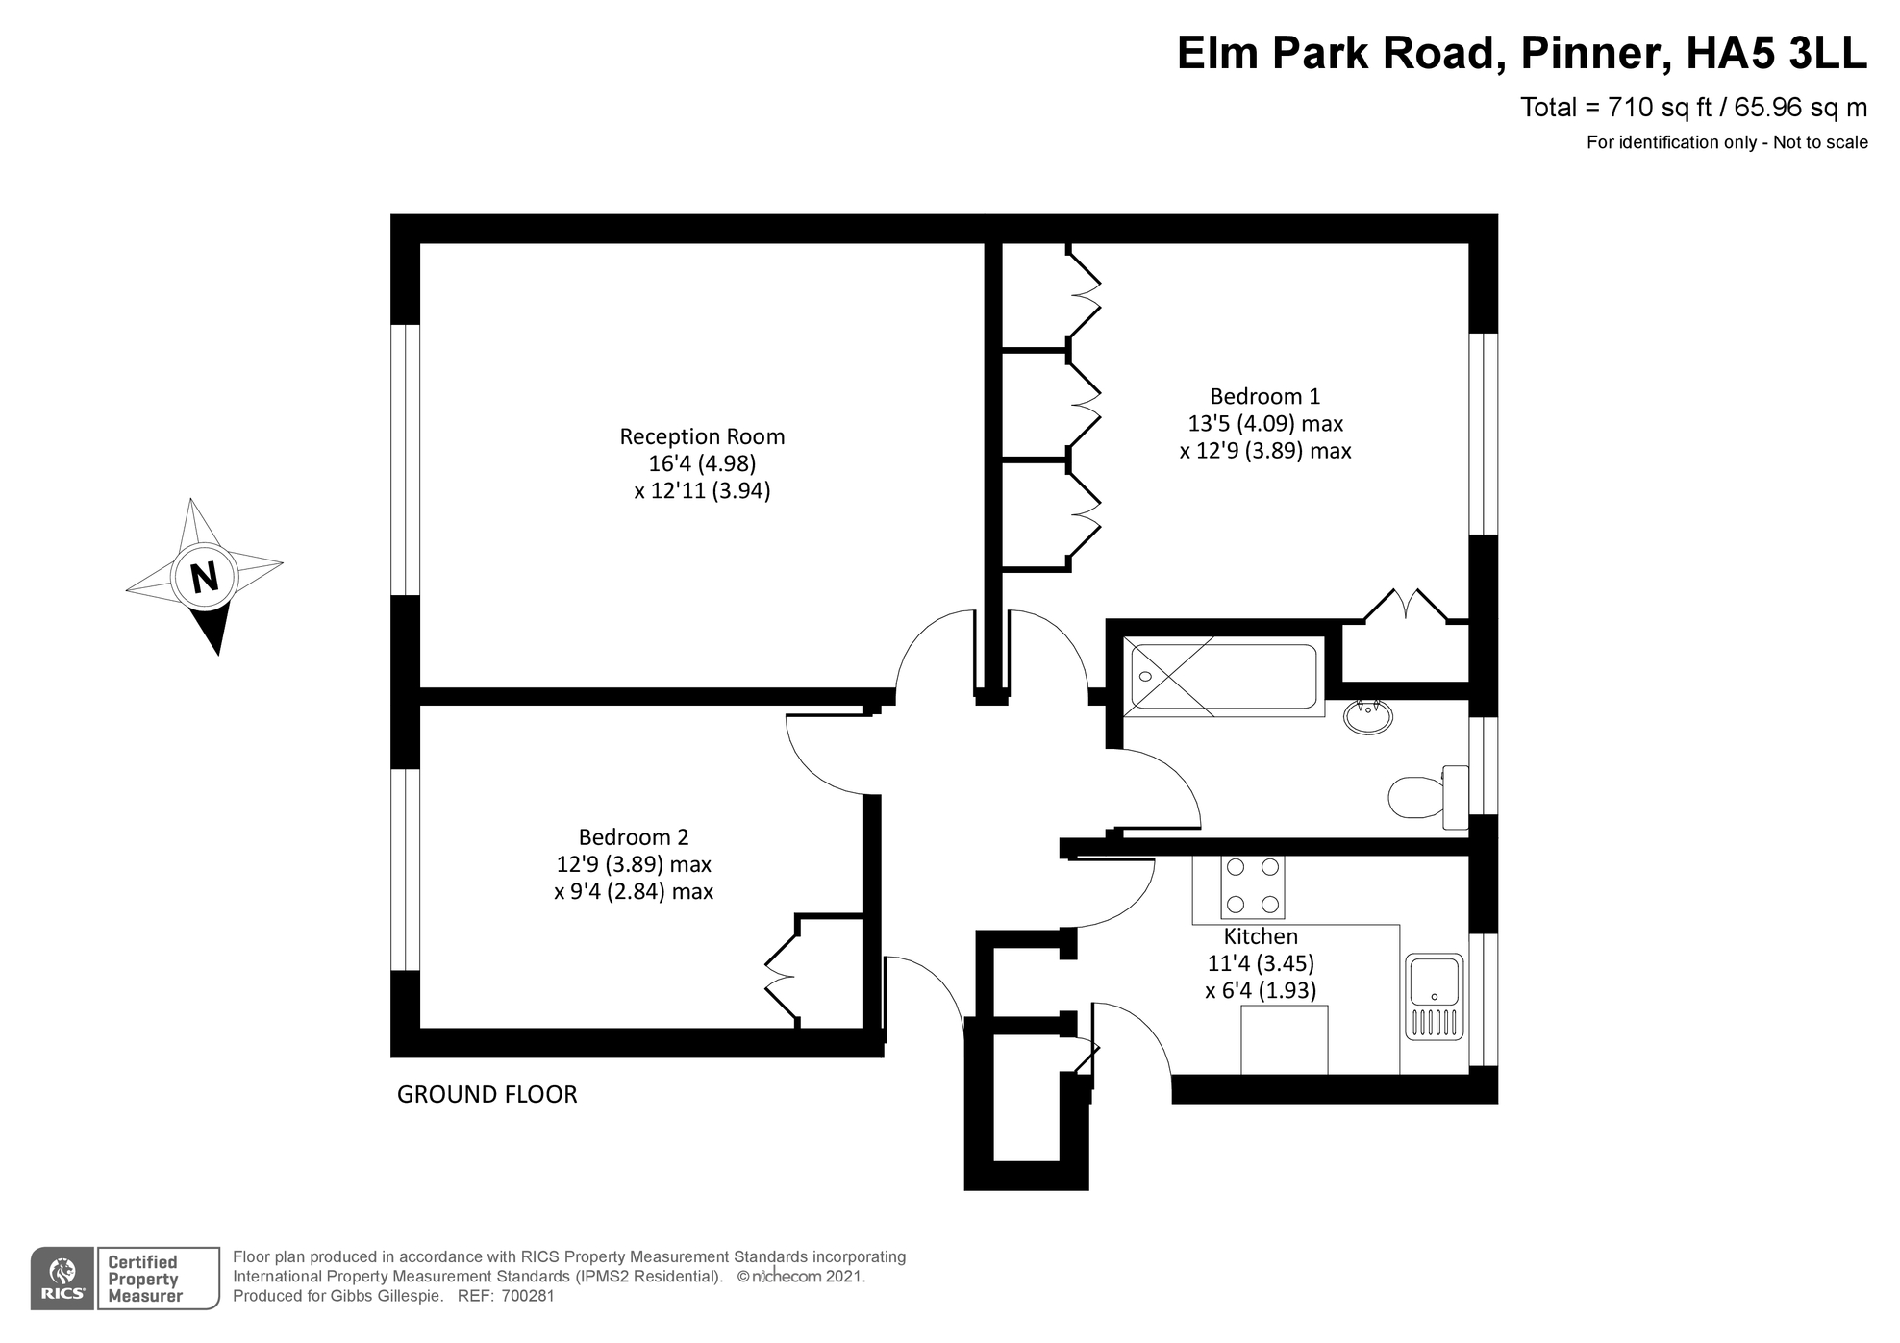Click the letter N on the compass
click(204, 578)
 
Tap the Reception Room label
click(702, 436)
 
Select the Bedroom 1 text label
click(1264, 396)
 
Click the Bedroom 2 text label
click(634, 837)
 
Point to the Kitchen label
click(1261, 936)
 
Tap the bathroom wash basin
click(1367, 716)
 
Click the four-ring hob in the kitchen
click(1253, 885)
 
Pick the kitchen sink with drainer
click(1434, 997)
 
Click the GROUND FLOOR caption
click(487, 1095)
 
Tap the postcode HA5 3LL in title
click(1776, 53)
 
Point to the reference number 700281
click(529, 1296)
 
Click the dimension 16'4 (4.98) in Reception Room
click(702, 463)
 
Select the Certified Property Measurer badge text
click(144, 1279)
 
